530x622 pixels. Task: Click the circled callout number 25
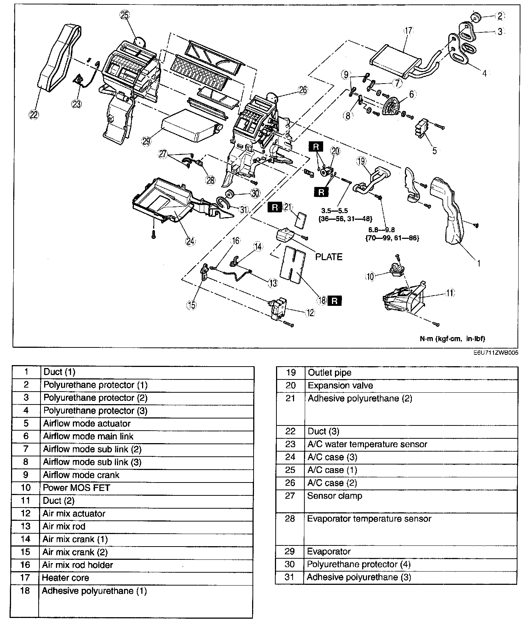point(124,15)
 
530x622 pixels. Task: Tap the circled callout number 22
point(33,115)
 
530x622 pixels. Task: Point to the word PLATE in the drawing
point(329,257)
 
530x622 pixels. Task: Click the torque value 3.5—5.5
point(334,211)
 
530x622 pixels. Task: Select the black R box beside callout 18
point(335,301)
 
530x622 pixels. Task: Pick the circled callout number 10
point(370,276)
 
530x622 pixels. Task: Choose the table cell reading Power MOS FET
point(77,488)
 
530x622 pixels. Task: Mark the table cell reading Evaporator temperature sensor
point(369,519)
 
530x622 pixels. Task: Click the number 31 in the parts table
point(290,577)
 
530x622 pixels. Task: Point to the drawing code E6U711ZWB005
point(496,352)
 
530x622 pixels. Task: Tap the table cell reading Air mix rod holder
point(78,565)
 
